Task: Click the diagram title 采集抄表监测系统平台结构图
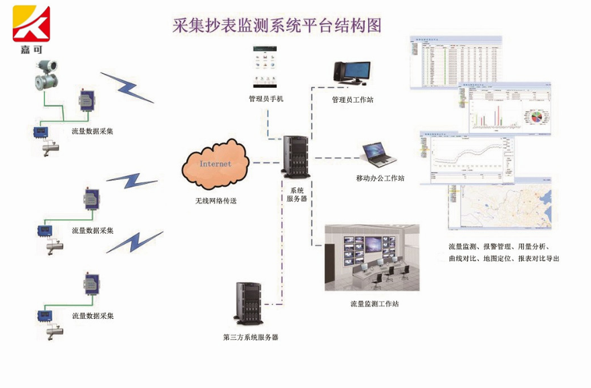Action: [x=277, y=26]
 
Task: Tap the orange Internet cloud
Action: [x=215, y=165]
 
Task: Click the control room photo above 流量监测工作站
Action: [x=372, y=258]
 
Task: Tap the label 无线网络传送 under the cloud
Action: [x=216, y=201]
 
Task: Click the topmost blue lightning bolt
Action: [x=128, y=87]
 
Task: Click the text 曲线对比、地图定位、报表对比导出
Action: [x=504, y=258]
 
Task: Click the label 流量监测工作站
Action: [x=374, y=303]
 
